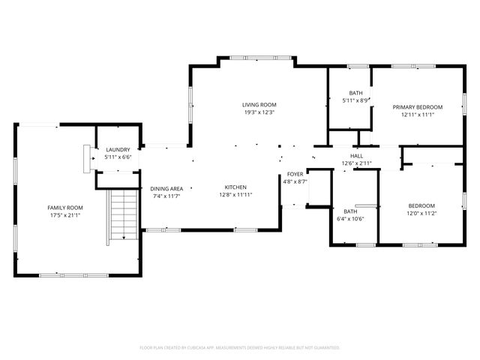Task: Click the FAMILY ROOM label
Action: point(64,208)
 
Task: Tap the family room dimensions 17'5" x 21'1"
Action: point(64,217)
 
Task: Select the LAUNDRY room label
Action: point(118,150)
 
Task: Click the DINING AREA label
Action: point(166,188)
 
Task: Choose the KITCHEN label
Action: point(235,187)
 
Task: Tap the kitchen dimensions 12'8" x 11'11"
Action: point(235,196)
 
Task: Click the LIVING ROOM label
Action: point(259,104)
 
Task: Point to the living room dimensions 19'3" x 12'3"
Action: point(259,112)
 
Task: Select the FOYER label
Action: point(295,174)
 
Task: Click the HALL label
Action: point(356,155)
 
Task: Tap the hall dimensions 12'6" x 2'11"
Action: point(356,163)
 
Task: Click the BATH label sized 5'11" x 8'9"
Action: point(355,93)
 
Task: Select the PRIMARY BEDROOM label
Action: point(418,107)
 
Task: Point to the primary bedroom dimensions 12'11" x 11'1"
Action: point(418,115)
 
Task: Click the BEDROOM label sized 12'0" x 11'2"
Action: point(421,206)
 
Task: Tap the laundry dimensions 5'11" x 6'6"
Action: point(118,158)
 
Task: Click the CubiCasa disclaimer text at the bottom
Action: point(240,347)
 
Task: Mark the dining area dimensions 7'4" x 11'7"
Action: point(166,196)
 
